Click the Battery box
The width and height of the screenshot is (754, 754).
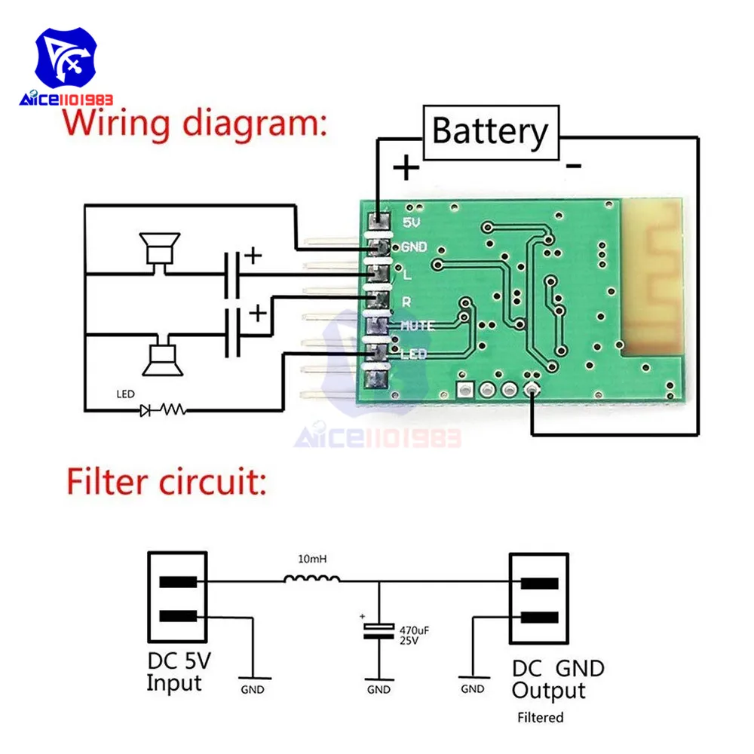[x=490, y=132]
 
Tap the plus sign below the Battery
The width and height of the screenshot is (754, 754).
[x=406, y=168]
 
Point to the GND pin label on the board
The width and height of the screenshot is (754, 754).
[x=415, y=247]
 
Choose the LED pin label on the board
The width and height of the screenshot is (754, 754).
[x=415, y=353]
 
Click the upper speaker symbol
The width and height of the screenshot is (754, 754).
[x=159, y=248]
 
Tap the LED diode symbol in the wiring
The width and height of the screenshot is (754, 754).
[x=146, y=410]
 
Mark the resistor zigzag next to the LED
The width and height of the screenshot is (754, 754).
[x=173, y=410]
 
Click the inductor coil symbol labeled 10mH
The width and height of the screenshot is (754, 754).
[x=311, y=580]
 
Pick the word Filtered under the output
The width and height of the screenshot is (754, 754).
[x=540, y=717]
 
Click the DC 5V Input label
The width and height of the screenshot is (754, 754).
[x=178, y=673]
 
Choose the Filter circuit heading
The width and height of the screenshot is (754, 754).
[x=166, y=481]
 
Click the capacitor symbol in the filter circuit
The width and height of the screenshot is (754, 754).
[x=378, y=631]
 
